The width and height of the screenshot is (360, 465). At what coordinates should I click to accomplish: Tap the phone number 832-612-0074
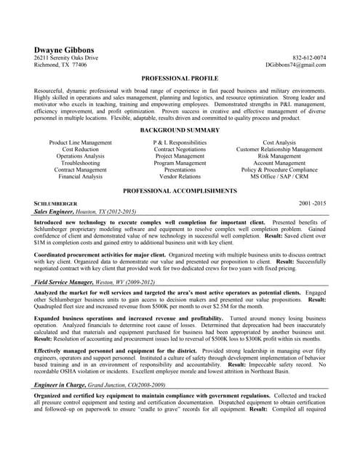[309, 57]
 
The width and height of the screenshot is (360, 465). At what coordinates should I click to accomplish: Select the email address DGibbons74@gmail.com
[296, 65]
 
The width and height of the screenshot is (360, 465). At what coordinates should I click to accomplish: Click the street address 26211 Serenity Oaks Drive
[66, 57]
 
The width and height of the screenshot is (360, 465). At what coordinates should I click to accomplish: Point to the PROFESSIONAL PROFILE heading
[180, 78]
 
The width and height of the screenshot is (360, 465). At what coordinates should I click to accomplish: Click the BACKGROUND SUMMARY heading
[180, 130]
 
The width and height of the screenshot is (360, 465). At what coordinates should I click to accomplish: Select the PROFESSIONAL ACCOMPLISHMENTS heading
[180, 190]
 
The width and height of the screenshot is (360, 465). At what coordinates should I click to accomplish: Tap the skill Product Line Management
[81, 143]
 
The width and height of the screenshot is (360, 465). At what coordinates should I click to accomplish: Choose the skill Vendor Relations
[180, 177]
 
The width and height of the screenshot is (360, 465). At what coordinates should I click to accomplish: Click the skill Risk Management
[279, 156]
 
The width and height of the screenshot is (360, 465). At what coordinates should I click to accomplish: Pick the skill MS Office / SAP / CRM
[279, 177]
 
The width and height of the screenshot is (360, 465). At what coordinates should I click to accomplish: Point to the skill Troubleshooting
[81, 163]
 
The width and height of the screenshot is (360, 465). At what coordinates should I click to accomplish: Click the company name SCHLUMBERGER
[56, 203]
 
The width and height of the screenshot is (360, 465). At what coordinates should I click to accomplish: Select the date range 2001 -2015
[313, 203]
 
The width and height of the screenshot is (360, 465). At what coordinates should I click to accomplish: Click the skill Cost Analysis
[279, 143]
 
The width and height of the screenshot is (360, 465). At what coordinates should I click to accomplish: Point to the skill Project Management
[180, 156]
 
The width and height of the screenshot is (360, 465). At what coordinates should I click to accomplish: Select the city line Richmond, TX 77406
[60, 65]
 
